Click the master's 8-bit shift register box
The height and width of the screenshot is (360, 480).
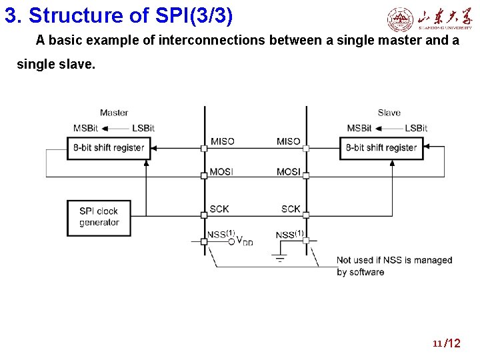(x=109, y=148)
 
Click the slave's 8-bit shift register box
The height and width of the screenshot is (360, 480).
(x=381, y=148)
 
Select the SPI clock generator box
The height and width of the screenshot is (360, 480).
(x=99, y=217)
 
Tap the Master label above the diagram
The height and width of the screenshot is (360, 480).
(x=114, y=113)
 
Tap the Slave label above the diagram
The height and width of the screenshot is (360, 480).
(x=389, y=113)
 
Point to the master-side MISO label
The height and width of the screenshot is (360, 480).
(x=222, y=141)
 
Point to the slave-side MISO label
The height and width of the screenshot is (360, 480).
(x=289, y=141)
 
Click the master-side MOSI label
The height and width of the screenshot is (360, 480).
(x=222, y=172)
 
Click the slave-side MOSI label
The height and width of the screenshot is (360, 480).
(x=289, y=172)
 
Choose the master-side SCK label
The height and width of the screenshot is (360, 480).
(x=219, y=209)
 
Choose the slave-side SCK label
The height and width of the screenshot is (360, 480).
(x=291, y=209)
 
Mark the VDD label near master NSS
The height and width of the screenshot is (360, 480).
(x=245, y=241)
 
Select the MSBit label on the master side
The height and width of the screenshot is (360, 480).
(x=85, y=128)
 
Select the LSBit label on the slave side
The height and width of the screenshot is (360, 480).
(x=416, y=128)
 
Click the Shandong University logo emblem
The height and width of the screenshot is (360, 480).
(x=400, y=19)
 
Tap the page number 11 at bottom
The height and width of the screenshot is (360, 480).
(x=437, y=344)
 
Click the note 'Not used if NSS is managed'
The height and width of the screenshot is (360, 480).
(x=394, y=260)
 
